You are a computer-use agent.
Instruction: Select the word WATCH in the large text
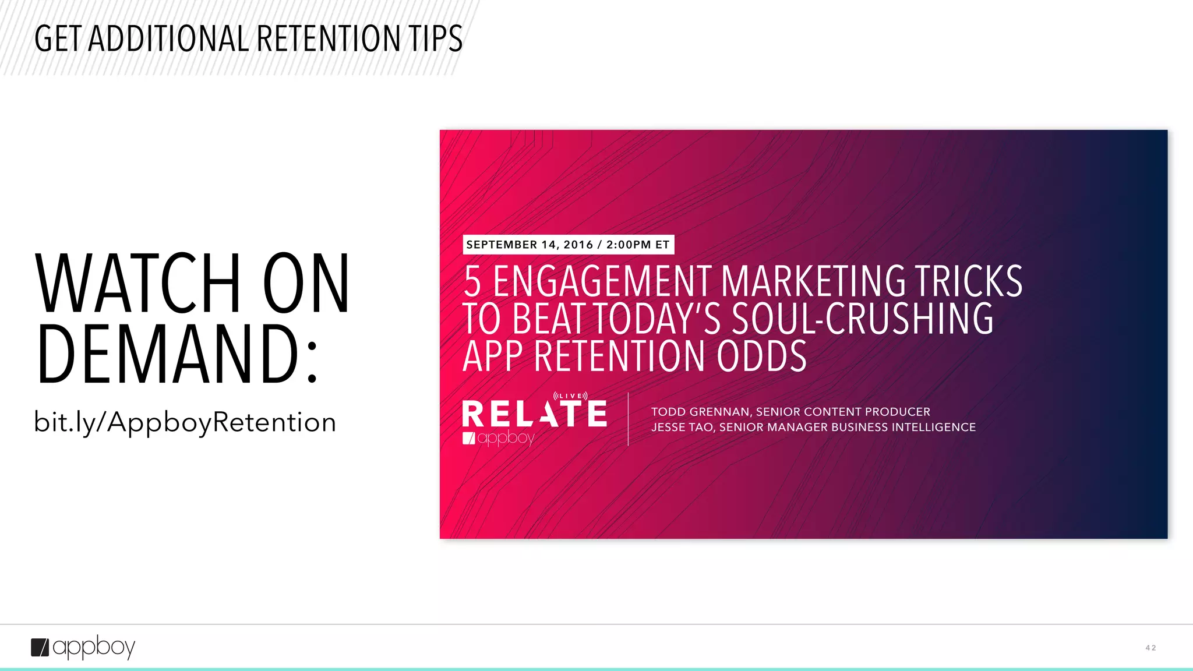tap(137, 284)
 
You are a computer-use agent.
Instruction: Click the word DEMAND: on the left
tap(178, 355)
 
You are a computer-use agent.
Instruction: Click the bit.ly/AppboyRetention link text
tap(185, 422)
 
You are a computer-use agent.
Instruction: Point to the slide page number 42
tap(1150, 648)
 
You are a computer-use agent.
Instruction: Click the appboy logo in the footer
tap(83, 647)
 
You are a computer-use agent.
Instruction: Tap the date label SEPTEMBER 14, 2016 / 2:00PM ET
tap(568, 245)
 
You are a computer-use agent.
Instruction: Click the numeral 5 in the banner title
tap(472, 282)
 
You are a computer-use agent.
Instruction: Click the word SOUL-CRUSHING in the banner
tap(862, 319)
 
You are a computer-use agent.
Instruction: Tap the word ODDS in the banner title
tap(761, 356)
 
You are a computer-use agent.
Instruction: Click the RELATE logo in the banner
tap(534, 414)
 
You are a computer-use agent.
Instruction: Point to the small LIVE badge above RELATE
tap(570, 396)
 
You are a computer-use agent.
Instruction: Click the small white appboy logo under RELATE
tap(498, 438)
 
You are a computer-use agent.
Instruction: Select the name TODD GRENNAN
tap(700, 412)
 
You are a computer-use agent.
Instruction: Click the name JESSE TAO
tap(682, 428)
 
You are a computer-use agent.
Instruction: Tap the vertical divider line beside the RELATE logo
tap(628, 419)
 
